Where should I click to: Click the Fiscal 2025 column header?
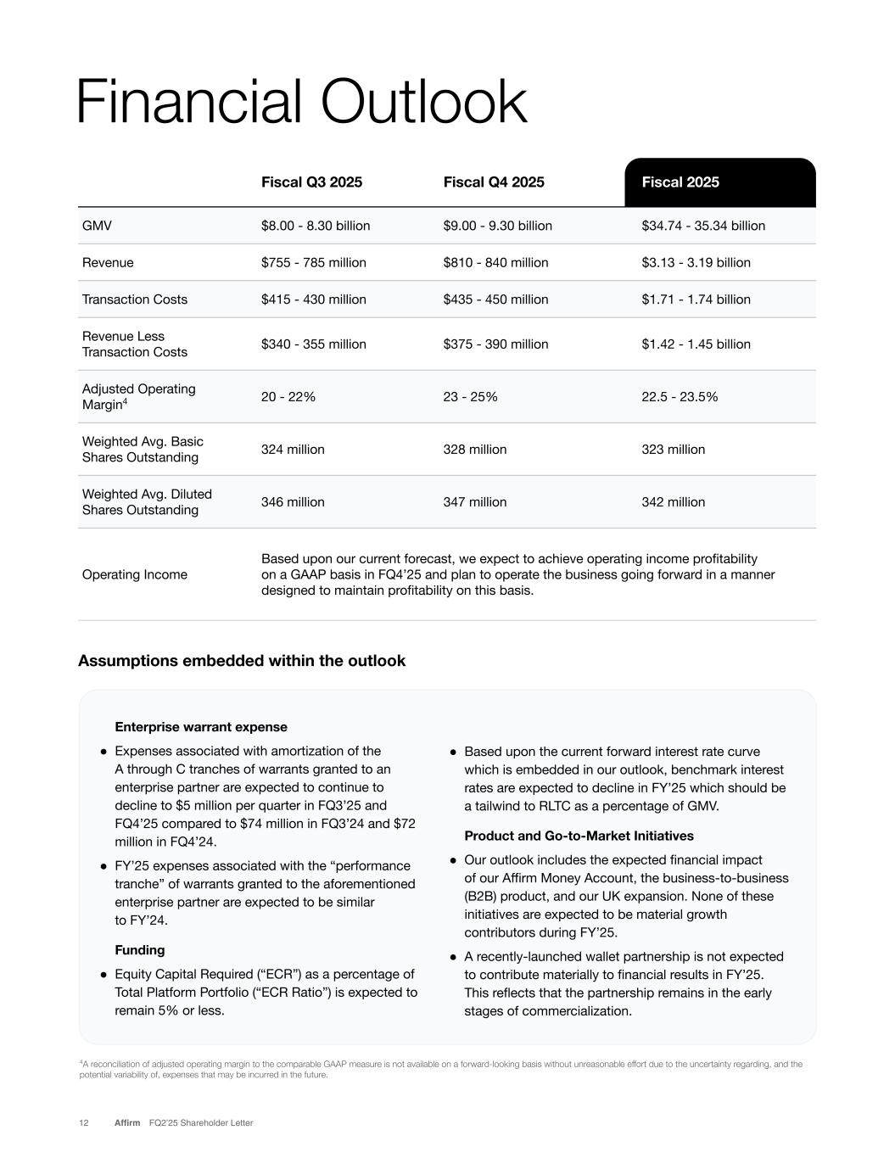(x=680, y=182)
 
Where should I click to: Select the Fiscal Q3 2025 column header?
(x=311, y=182)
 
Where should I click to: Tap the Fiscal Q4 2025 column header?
(x=494, y=182)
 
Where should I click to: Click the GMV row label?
(x=97, y=226)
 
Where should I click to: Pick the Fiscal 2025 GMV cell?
(x=703, y=226)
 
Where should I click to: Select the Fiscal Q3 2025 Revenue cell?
(x=314, y=263)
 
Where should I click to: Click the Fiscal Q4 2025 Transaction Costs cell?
(x=495, y=299)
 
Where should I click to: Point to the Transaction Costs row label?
(x=135, y=299)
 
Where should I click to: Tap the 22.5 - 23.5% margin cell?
(x=680, y=397)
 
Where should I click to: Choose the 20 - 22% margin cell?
(x=288, y=397)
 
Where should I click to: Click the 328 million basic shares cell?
(x=475, y=450)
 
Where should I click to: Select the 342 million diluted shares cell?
(x=674, y=502)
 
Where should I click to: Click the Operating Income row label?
(x=135, y=575)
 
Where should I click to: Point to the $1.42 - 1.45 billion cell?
(x=696, y=344)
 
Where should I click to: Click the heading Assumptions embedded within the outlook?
(x=242, y=661)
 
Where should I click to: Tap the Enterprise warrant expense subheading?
(x=201, y=727)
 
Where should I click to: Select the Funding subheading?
(x=140, y=950)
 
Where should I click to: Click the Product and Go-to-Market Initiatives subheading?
(x=579, y=836)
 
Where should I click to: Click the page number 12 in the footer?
(x=84, y=1123)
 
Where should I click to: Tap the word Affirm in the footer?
(x=127, y=1123)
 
